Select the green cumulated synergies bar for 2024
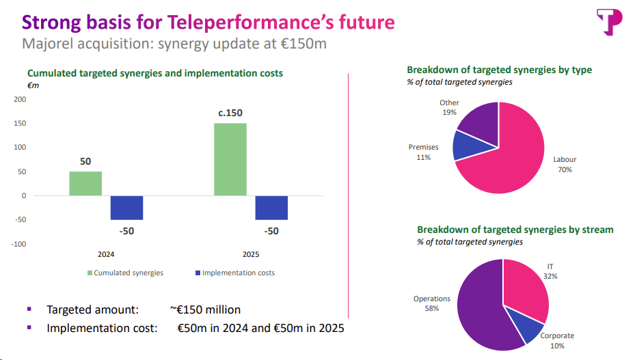(x=85, y=183)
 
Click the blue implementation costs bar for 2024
(x=126, y=208)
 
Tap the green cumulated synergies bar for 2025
(x=230, y=159)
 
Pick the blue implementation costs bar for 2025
(x=271, y=208)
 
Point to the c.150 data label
(x=230, y=113)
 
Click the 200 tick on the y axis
(x=20, y=99)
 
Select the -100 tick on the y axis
(x=18, y=244)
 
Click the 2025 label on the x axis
(x=251, y=254)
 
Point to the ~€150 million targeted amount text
(x=206, y=309)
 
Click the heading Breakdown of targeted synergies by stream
(x=515, y=230)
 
